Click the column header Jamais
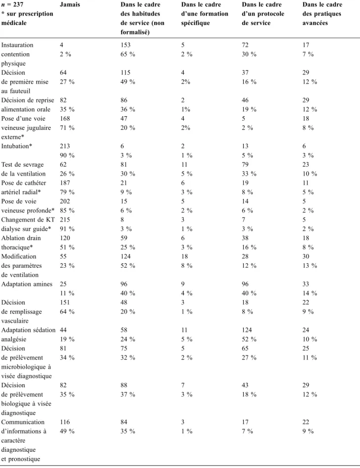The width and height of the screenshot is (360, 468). tap(70, 4)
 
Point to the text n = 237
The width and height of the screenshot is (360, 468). tap(12, 4)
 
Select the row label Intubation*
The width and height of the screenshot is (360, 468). tap(17, 146)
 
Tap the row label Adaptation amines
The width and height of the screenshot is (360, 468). tap(27, 284)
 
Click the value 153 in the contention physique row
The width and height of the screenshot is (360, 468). tap(126, 45)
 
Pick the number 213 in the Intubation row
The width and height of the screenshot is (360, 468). tap(65, 146)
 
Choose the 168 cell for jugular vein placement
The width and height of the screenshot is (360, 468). tap(65, 119)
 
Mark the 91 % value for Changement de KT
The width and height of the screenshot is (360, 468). tap(67, 229)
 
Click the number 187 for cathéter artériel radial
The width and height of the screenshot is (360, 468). tap(65, 183)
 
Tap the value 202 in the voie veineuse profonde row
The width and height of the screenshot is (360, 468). tap(65, 201)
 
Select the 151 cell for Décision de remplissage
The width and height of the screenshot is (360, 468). tap(65, 302)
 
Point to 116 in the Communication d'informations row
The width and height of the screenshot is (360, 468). tap(65, 422)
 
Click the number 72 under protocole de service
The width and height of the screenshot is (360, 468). tap(245, 45)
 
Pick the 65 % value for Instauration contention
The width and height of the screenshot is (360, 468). tap(128, 54)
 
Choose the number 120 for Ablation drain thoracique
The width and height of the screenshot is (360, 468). tap(65, 238)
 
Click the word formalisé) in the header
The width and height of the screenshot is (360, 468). tap(135, 32)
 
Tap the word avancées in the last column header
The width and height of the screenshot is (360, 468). tap(315, 23)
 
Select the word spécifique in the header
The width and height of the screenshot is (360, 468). tap(196, 23)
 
